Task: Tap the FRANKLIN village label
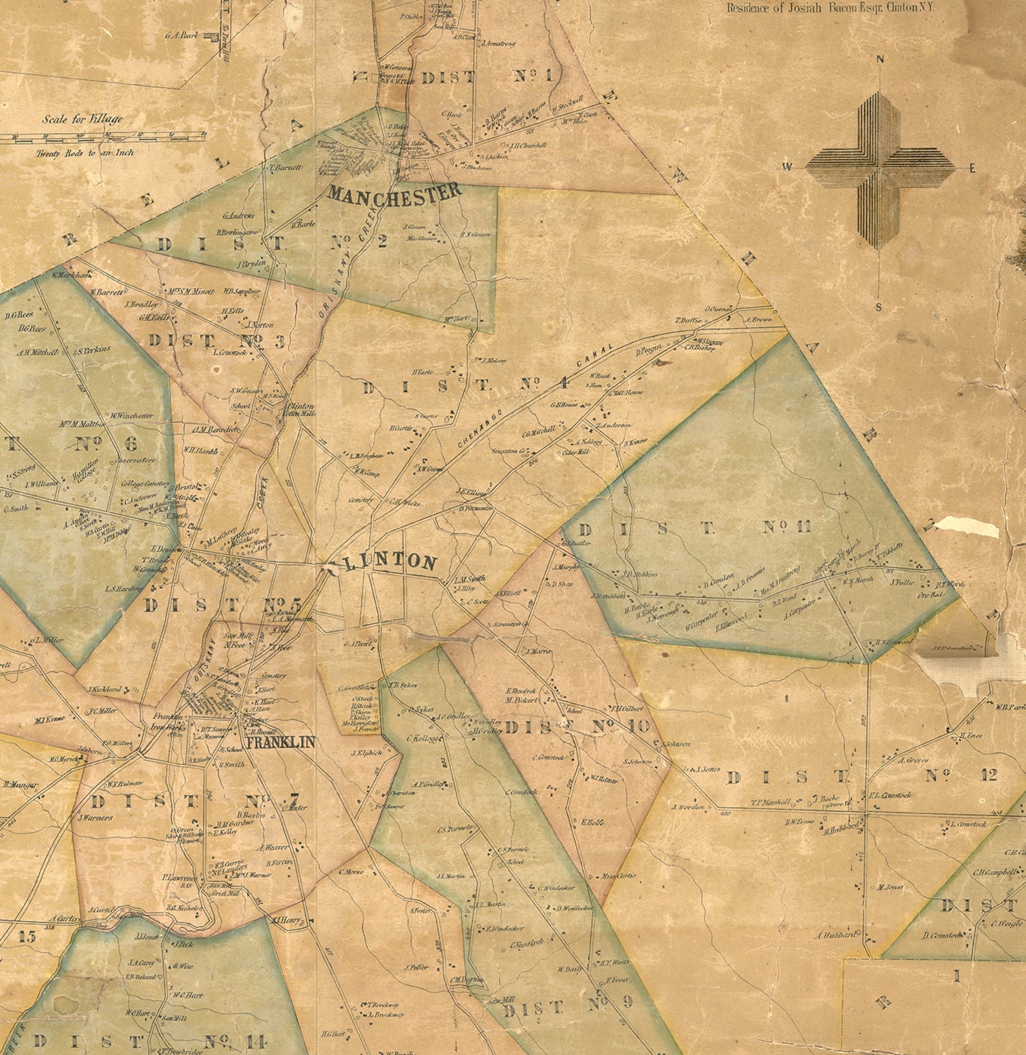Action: (x=281, y=742)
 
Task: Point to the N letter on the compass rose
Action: (x=879, y=59)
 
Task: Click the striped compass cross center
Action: (x=879, y=169)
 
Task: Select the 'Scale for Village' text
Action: (x=82, y=119)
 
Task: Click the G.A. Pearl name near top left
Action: (x=181, y=35)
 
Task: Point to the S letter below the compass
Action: (x=878, y=307)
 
